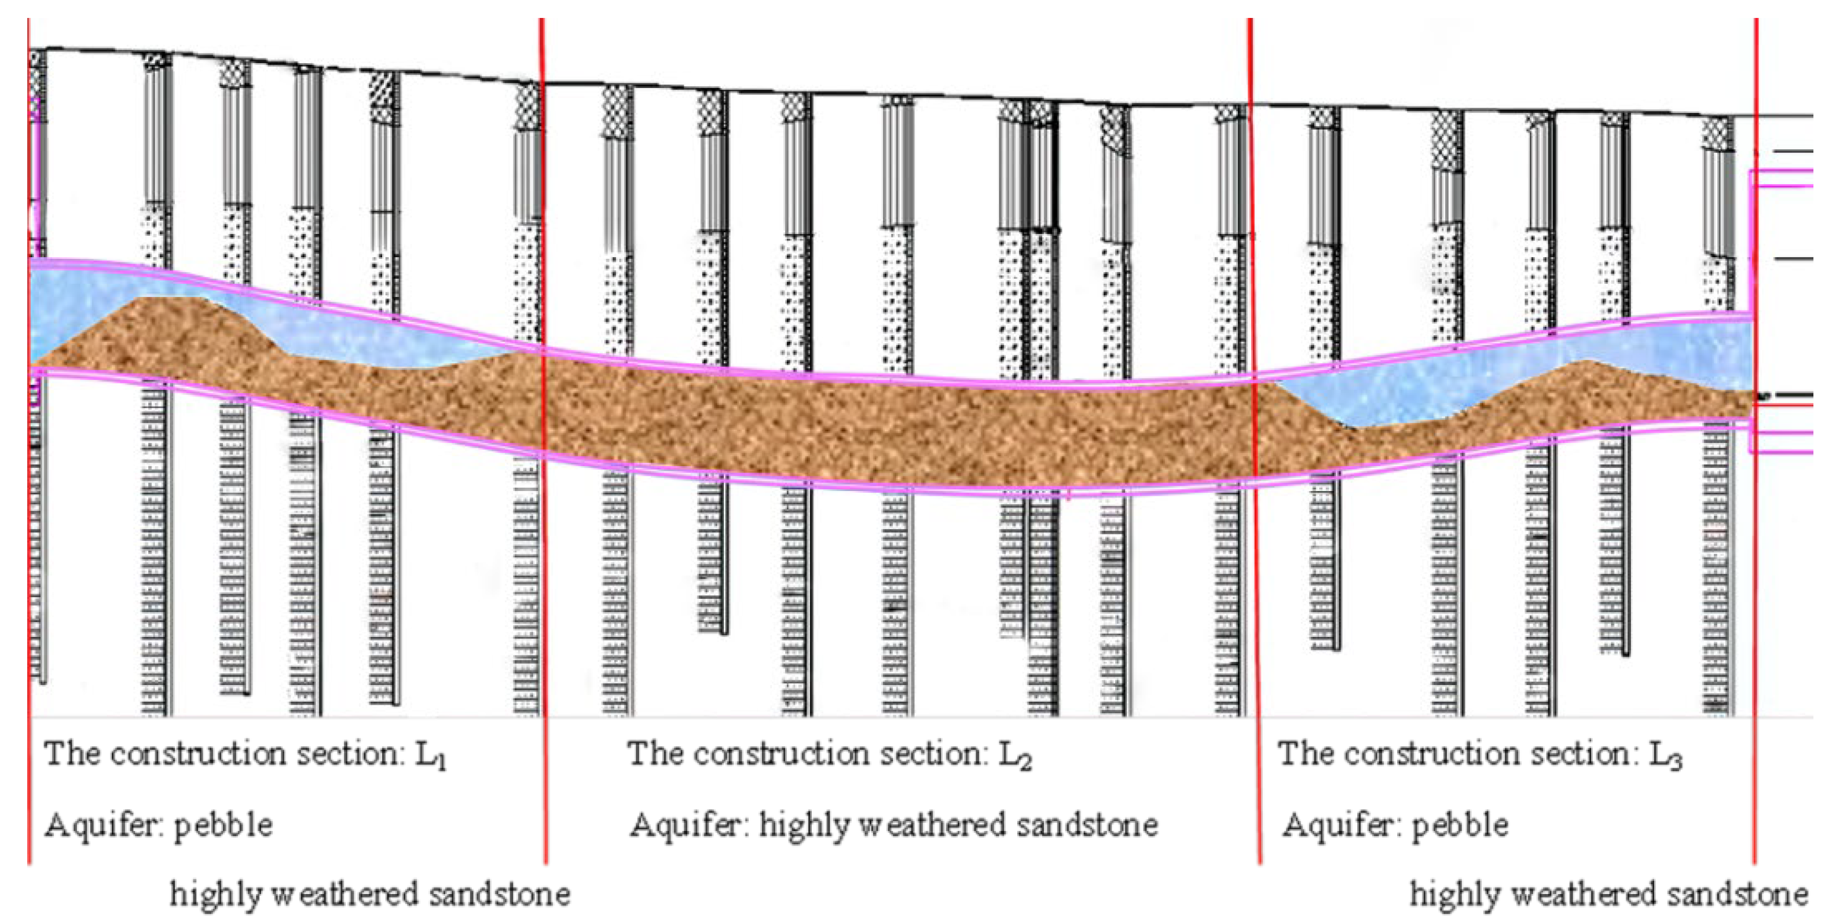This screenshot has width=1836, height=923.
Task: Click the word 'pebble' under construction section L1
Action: (x=223, y=825)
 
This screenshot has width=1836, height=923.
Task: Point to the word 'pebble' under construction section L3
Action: (x=1460, y=825)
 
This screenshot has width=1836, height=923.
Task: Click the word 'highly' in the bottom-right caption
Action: (x=1454, y=895)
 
